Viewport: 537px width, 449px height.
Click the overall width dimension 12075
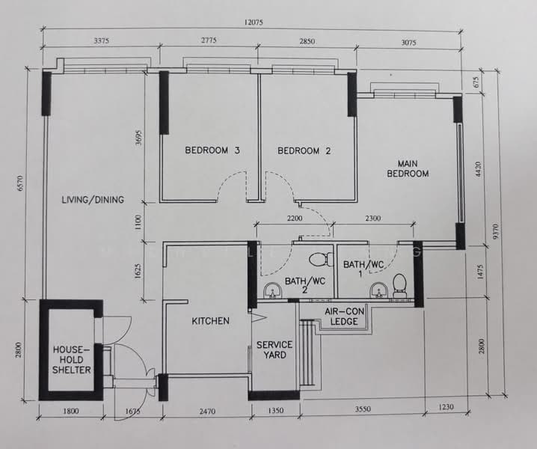(254, 22)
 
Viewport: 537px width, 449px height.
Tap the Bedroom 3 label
(212, 150)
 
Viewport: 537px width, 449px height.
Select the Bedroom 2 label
(304, 151)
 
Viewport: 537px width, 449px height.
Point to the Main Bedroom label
(408, 168)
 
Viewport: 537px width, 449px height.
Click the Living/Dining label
(93, 200)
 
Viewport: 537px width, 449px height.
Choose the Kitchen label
(210, 321)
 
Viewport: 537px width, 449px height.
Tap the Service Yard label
(274, 349)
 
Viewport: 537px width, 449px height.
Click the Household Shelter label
(72, 359)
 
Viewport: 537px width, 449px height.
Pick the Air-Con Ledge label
(344, 317)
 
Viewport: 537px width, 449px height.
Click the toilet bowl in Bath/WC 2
(322, 260)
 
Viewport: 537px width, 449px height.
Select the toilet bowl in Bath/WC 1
(399, 285)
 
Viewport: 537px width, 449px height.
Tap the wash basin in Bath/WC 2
(272, 290)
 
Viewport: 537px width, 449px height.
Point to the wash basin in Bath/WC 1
(378, 290)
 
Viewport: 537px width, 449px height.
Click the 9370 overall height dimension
(496, 232)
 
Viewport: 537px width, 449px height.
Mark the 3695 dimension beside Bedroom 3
(138, 138)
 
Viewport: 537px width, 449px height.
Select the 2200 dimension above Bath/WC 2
(295, 218)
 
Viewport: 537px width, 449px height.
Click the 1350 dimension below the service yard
(276, 410)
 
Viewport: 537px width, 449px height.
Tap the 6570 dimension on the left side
(20, 183)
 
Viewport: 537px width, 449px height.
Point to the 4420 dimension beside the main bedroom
(479, 169)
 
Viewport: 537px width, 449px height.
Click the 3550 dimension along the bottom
(363, 409)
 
